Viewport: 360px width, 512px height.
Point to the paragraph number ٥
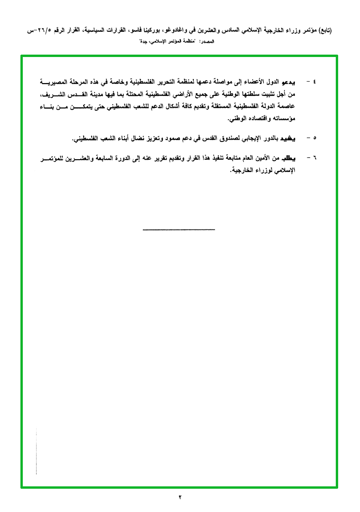pyautogui.click(x=314, y=138)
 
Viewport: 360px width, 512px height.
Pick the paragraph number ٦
pyautogui.click(x=314, y=157)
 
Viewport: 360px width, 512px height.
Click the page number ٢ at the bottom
pyautogui.click(x=180, y=497)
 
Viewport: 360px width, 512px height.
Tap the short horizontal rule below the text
pyautogui.click(x=179, y=230)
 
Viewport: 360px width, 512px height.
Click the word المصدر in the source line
pyautogui.click(x=208, y=42)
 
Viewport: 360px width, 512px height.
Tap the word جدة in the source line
pyautogui.click(x=143, y=42)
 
